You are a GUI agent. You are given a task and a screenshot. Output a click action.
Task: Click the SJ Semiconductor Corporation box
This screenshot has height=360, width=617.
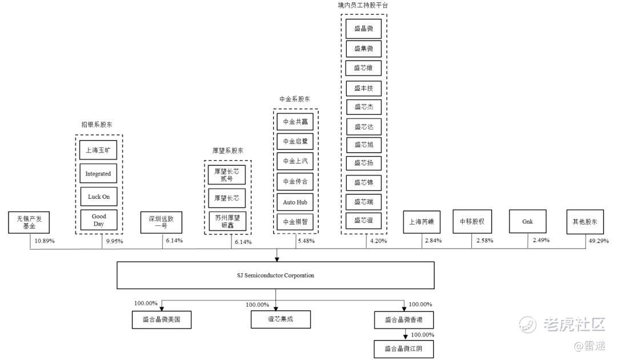click(x=276, y=275)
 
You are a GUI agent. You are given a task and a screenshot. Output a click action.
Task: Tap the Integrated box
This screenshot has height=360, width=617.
click(x=98, y=174)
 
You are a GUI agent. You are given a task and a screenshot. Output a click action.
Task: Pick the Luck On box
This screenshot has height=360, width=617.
click(x=98, y=197)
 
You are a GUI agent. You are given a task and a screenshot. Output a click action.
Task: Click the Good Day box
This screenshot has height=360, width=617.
click(x=98, y=220)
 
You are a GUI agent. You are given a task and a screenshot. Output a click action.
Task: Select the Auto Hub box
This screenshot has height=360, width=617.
click(x=295, y=202)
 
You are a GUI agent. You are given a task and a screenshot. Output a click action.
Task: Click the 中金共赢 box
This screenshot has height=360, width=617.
click(x=295, y=122)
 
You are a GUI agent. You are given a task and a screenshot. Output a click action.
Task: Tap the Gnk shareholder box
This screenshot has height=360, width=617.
click(x=528, y=221)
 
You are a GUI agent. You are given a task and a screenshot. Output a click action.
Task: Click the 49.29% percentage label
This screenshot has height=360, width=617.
click(x=598, y=241)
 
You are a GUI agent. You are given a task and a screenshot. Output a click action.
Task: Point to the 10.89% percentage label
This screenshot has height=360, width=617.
click(x=44, y=241)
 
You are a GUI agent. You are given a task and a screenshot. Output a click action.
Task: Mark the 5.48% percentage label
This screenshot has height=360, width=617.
click(x=306, y=241)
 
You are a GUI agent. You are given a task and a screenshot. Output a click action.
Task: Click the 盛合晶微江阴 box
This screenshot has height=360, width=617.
click(x=404, y=348)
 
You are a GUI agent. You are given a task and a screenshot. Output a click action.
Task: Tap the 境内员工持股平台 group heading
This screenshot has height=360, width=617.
click(x=363, y=5)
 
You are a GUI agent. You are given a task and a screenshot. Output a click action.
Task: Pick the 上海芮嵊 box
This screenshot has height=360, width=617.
click(x=422, y=221)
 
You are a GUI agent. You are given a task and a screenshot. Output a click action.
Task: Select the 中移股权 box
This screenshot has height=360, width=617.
click(x=472, y=221)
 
